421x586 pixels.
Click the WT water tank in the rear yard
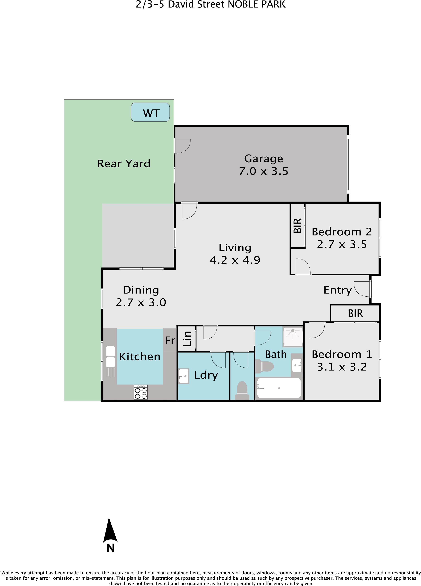pyautogui.click(x=150, y=112)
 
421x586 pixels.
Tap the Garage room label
pyautogui.click(x=264, y=159)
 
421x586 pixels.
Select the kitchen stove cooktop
pyautogui.click(x=141, y=392)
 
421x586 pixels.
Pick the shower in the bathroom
pyautogui.click(x=293, y=337)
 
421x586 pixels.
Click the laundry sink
pyautogui.click(x=184, y=376)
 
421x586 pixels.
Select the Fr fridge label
pyautogui.click(x=170, y=340)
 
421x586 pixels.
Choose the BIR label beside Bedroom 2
pyautogui.click(x=298, y=226)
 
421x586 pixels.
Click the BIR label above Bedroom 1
pyautogui.click(x=355, y=313)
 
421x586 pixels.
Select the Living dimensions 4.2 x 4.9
pyautogui.click(x=235, y=260)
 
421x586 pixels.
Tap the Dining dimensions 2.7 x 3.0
pyautogui.click(x=141, y=302)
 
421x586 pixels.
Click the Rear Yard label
pyautogui.click(x=124, y=164)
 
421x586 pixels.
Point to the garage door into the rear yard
pyautogui.click(x=182, y=146)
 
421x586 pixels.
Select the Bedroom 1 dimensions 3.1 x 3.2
pyautogui.click(x=342, y=367)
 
